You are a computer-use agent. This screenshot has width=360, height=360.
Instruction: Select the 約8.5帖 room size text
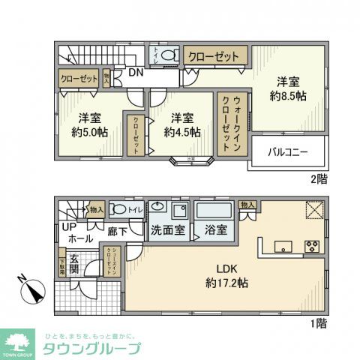tap(288, 97)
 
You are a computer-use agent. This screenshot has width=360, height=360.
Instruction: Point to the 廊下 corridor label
tap(116, 231)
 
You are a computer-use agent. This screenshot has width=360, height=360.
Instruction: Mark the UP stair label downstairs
tap(69, 226)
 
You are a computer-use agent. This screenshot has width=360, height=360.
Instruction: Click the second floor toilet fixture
tap(169, 55)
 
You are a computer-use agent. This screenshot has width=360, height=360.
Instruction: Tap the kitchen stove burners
tap(313, 247)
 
